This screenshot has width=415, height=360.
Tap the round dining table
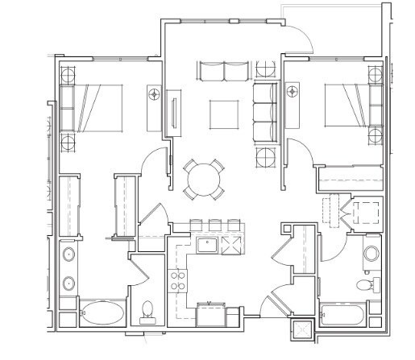204,178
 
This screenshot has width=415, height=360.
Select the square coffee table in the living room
225,113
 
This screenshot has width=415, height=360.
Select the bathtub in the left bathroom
102,312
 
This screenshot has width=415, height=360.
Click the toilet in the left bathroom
147,308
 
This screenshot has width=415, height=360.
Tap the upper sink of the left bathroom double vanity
68,257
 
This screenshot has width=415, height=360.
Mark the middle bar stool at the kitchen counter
214,225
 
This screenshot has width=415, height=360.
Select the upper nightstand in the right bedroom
376,75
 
